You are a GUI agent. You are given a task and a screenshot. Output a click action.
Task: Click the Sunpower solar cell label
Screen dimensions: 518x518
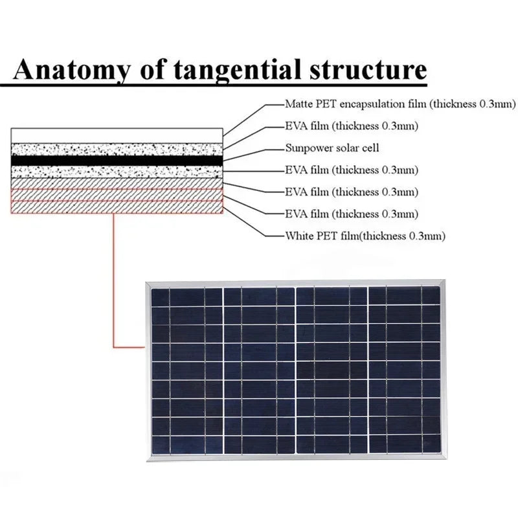point(332,148)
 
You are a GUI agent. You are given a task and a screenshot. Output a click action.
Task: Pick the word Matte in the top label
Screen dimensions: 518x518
point(298,104)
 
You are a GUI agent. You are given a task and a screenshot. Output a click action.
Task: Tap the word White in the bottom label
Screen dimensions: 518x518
point(298,236)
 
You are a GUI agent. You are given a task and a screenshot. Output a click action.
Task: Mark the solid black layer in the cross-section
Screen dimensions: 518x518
point(117,159)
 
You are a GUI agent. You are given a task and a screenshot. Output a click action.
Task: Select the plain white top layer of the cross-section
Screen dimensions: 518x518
point(117,135)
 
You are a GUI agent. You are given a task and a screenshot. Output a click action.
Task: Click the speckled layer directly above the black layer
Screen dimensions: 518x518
point(117,148)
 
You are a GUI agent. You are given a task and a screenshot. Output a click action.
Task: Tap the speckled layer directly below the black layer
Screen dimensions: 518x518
point(117,171)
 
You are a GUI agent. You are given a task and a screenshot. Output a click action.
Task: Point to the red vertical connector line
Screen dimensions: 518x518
point(114,278)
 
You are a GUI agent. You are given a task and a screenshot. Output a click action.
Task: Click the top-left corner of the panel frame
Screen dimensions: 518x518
point(148,284)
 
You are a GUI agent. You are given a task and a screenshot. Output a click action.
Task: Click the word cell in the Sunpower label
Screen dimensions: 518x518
point(370,148)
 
